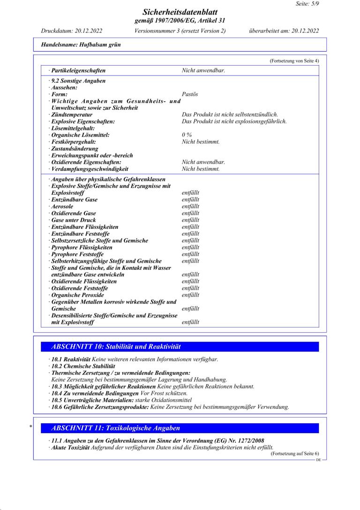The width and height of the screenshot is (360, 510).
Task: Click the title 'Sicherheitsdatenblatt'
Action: [x=180, y=12]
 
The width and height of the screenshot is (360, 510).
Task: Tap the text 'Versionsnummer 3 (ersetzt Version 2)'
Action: [x=180, y=31]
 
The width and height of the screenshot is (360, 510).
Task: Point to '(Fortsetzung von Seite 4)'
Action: [x=294, y=61]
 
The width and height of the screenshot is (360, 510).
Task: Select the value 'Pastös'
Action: [x=190, y=94]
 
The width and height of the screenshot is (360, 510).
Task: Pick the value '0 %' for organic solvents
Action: [x=187, y=135]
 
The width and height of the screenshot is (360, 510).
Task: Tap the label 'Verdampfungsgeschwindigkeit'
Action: [x=90, y=169]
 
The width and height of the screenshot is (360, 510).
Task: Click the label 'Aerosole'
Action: [x=62, y=206]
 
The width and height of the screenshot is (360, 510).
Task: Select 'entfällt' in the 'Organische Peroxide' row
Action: [x=190, y=295]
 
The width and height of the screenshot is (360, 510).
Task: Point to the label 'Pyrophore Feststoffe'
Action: [x=77, y=254]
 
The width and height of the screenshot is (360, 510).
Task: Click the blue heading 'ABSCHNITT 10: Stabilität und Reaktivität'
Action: [x=116, y=347]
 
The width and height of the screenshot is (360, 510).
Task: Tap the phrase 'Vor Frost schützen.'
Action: [x=163, y=393]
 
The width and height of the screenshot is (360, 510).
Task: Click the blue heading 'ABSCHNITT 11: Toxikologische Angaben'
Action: [x=115, y=428]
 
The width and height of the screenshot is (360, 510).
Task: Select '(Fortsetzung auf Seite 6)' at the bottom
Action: [x=294, y=454]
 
